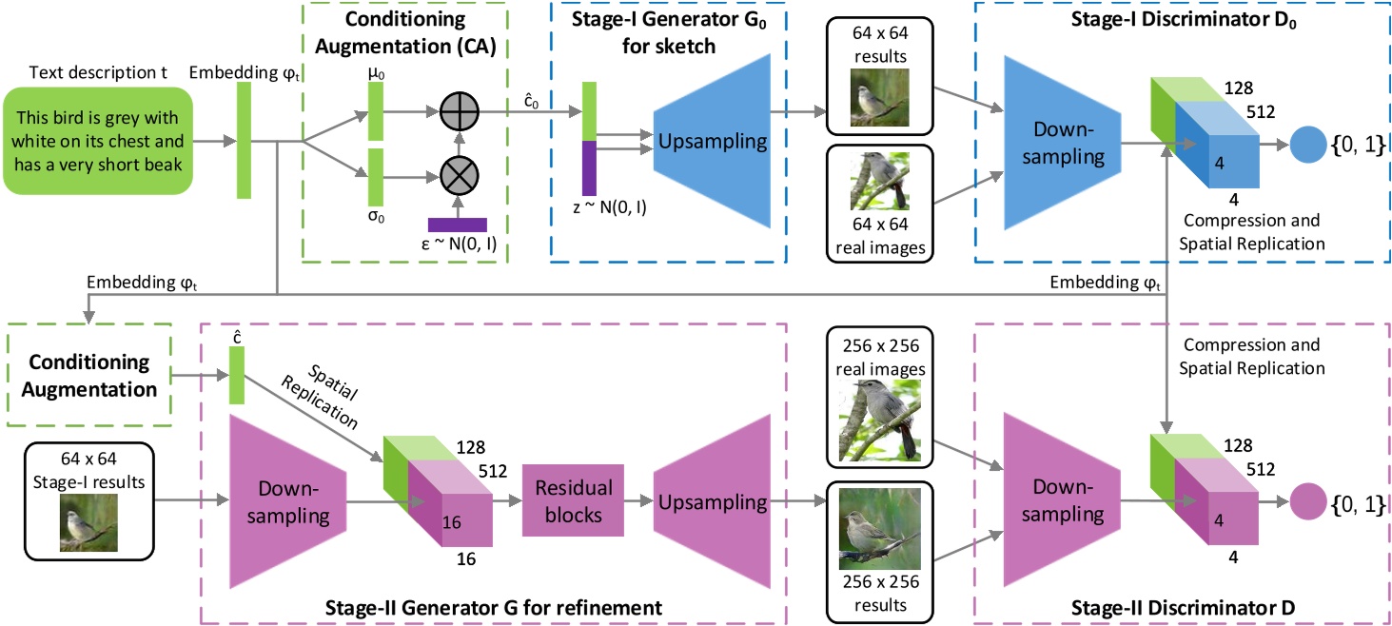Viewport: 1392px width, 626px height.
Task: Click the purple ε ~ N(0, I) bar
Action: click(458, 225)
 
